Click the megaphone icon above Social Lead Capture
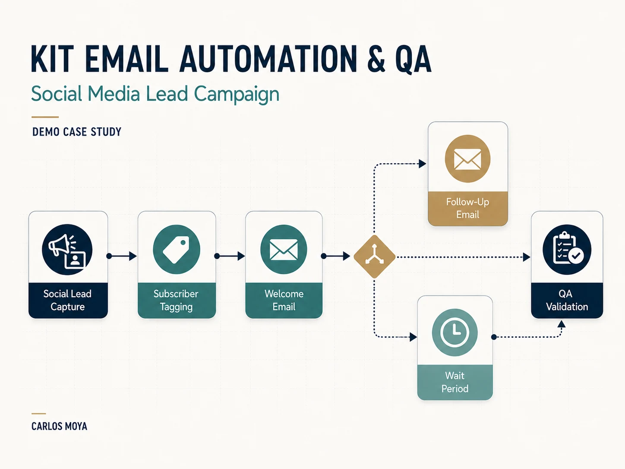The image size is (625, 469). tap(67, 250)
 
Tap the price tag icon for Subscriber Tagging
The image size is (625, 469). tap(177, 250)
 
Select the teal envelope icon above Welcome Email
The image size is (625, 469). tap(284, 250)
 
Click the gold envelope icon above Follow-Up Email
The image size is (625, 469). tap(467, 158)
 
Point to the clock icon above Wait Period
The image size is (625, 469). tap(455, 332)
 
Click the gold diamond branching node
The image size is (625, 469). tap(374, 257)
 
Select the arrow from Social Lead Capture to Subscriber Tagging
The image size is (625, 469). tap(122, 256)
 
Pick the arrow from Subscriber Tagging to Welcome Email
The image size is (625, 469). tap(230, 256)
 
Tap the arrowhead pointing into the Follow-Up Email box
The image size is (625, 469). tap(423, 164)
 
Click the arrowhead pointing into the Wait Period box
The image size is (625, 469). tap(414, 337)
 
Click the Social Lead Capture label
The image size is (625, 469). tap(67, 300)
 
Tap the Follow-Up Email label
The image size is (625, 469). tap(467, 208)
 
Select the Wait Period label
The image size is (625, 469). tap(455, 382)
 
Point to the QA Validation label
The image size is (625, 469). tap(567, 300)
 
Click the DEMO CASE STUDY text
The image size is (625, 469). tap(77, 132)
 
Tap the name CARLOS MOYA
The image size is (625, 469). tap(59, 426)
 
